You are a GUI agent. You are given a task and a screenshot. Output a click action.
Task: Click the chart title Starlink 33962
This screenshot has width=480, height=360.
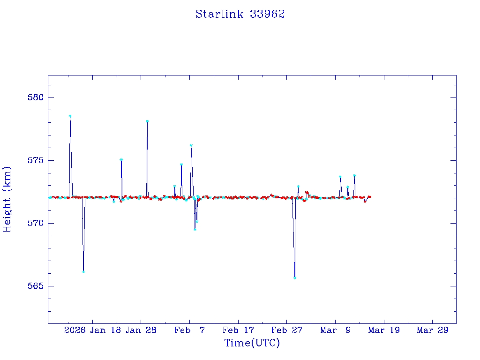tap(240, 14)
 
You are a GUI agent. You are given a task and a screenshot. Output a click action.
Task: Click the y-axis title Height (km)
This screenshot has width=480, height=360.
tap(7, 199)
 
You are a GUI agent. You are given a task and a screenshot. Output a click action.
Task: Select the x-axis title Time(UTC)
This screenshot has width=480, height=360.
tap(252, 343)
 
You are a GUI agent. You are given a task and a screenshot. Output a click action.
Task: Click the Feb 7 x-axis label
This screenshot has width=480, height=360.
tap(189, 330)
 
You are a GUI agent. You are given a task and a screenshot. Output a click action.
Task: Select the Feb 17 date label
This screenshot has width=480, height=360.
tap(238, 330)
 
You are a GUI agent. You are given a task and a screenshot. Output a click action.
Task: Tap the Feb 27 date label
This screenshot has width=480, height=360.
tap(287, 330)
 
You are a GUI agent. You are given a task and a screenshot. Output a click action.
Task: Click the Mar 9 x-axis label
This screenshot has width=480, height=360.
tap(336, 330)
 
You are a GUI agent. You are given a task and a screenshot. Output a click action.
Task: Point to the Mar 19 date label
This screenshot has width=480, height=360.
tap(384, 330)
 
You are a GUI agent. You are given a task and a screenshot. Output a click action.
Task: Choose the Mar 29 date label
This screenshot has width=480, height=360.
tap(433, 330)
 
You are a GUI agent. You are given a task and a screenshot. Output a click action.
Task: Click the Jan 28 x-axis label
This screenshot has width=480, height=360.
tap(141, 330)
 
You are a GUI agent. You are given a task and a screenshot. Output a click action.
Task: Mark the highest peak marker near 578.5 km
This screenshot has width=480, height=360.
tap(70, 116)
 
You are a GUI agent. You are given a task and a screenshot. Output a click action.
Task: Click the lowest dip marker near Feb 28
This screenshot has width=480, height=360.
tap(295, 277)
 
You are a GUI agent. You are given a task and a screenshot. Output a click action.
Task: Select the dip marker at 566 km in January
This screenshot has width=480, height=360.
tap(83, 271)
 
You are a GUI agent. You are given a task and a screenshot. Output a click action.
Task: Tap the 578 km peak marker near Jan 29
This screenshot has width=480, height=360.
tap(147, 121)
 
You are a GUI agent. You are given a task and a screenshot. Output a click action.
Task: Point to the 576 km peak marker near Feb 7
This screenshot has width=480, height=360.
tap(191, 145)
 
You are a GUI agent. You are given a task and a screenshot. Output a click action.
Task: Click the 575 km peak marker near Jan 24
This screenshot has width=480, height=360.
tap(121, 159)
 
